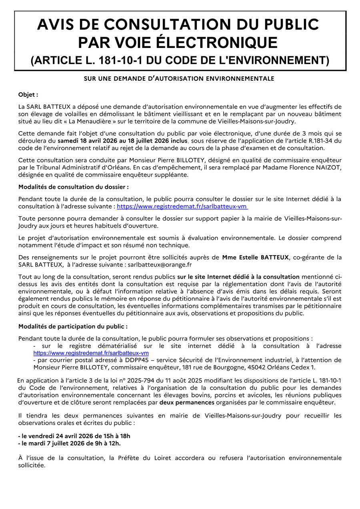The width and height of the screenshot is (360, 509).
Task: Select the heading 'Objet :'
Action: [28, 95]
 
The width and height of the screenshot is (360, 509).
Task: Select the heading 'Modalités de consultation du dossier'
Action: [74, 187]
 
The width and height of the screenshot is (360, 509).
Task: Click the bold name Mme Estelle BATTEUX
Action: [255, 257]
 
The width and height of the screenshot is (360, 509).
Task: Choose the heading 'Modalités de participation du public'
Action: [73, 327]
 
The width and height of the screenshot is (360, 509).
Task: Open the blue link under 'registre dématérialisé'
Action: [91, 353]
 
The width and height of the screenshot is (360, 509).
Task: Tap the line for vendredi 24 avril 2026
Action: [74, 436]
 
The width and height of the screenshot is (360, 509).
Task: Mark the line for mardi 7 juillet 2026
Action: [70, 443]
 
